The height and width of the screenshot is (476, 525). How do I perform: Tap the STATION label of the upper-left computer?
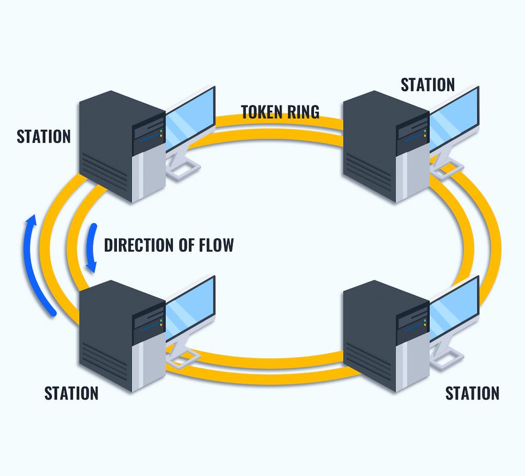[x=44, y=137]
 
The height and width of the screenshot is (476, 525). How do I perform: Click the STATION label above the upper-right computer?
[x=428, y=85]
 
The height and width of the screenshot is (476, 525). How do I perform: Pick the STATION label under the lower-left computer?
[x=71, y=393]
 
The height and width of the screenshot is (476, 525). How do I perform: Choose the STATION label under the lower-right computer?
[x=472, y=393]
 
